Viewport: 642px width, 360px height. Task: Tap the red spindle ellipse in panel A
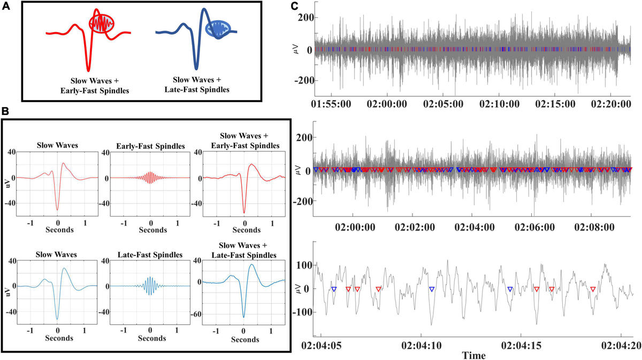(x=102, y=25)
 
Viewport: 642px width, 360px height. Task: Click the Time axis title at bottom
(x=474, y=355)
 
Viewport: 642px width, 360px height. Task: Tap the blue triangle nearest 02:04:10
(x=432, y=289)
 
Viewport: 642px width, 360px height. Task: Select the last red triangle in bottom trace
(x=593, y=289)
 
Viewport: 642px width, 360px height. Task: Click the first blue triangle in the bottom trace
(x=333, y=289)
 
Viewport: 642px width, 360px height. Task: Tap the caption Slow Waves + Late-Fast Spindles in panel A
(x=198, y=85)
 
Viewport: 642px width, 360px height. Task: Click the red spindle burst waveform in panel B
(x=151, y=178)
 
